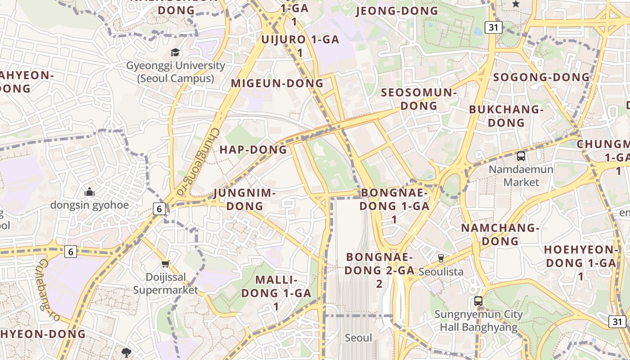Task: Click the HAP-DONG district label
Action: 253,150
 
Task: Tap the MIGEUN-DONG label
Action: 277,83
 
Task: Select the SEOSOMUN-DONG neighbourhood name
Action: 419,99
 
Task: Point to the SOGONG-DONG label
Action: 541,77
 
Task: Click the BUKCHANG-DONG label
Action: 506,116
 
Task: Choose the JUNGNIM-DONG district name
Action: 244,199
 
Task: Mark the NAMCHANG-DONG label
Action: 500,234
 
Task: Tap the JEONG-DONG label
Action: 397,11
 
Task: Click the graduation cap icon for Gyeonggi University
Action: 175,53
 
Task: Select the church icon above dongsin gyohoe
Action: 90,192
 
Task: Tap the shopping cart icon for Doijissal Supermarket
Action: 165,264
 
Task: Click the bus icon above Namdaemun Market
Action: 521,156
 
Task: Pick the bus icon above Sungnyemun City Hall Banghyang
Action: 478,301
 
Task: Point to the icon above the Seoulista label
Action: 441,258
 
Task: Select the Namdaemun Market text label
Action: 521,175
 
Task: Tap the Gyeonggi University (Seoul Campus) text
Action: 175,72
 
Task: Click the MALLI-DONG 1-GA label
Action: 276,292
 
